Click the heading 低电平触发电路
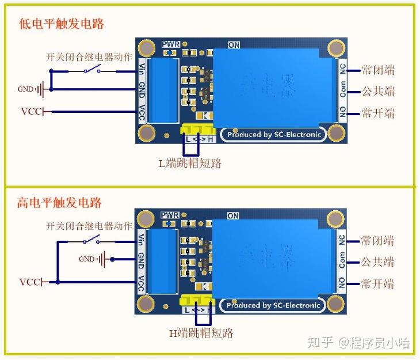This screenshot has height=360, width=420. tap(62, 24)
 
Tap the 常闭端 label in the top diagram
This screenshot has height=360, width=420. tap(378, 70)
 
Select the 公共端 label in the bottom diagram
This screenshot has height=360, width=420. tap(377, 262)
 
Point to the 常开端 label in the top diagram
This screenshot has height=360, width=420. tap(378, 113)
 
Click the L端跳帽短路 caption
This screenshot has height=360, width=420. tap(190, 164)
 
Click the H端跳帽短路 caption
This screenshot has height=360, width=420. tap(201, 333)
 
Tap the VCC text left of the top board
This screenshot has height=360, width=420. tap(31, 111)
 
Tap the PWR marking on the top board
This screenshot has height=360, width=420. tap(171, 44)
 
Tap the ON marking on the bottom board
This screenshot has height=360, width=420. tap(233, 216)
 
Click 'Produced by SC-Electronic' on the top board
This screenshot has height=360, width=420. tap(273, 135)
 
